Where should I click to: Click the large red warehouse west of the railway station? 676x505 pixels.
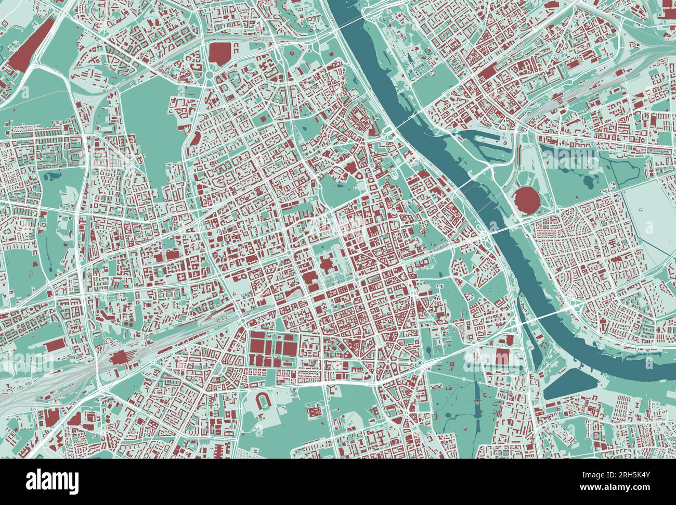58,346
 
